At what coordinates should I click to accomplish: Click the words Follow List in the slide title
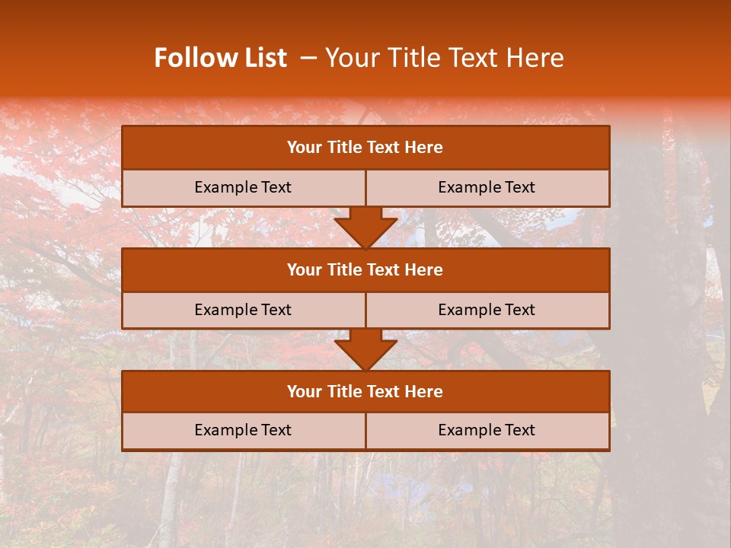click(x=220, y=58)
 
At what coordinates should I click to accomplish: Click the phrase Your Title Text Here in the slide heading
click(x=444, y=58)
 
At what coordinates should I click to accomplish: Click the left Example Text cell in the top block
click(x=243, y=188)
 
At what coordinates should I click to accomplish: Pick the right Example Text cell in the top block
click(x=487, y=188)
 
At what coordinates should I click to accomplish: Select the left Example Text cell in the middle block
click(x=243, y=311)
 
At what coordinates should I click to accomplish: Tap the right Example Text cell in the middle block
click(x=487, y=311)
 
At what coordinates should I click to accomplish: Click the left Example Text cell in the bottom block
click(x=243, y=431)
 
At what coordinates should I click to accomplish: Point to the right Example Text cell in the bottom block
click(x=487, y=431)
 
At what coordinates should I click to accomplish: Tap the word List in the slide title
click(x=265, y=58)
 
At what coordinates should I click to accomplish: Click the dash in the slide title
click(x=308, y=58)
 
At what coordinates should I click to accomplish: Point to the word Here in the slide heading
click(x=537, y=58)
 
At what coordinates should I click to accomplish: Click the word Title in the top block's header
click(x=342, y=148)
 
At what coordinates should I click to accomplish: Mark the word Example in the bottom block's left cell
click(x=224, y=431)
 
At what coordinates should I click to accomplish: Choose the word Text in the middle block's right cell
click(x=520, y=311)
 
